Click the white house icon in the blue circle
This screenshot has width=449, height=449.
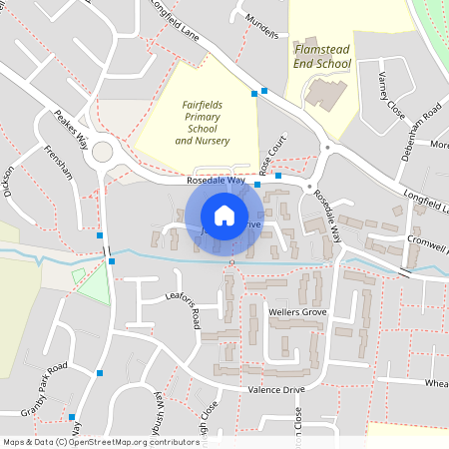pos(224,215)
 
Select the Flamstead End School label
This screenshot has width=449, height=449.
pos(322,56)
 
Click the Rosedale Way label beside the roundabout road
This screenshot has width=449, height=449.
pos(216,181)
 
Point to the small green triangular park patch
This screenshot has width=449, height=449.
pos(92,286)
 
